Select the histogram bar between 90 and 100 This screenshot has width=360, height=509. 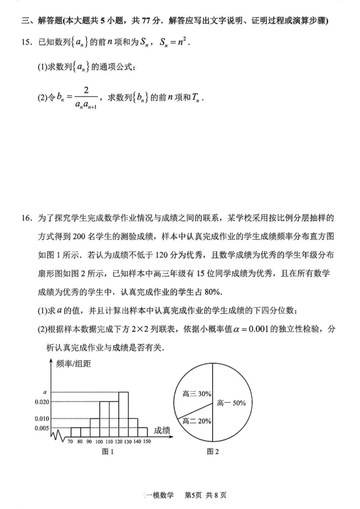click(95, 428)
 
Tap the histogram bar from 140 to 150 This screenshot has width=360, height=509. click(143, 432)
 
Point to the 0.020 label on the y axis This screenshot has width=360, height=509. click(42, 402)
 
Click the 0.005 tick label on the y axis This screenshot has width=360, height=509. click(42, 428)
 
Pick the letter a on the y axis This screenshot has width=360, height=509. click(45, 392)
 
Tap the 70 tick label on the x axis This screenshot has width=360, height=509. click(70, 442)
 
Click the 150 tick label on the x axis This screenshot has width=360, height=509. click(147, 441)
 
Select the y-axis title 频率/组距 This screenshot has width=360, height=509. click(73, 364)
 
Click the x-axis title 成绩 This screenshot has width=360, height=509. click(162, 430)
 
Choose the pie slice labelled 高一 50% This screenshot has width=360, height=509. click(231, 403)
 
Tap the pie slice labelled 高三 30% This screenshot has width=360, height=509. click(197, 394)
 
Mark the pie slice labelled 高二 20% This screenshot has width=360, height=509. click(197, 421)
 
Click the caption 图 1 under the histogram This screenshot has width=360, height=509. click(108, 452)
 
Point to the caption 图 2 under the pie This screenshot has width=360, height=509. click(213, 452)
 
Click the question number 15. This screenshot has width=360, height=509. click(27, 42)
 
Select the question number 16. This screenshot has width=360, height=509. click(27, 218)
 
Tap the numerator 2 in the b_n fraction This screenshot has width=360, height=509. click(86, 90)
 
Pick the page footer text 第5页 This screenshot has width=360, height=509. click(193, 495)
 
